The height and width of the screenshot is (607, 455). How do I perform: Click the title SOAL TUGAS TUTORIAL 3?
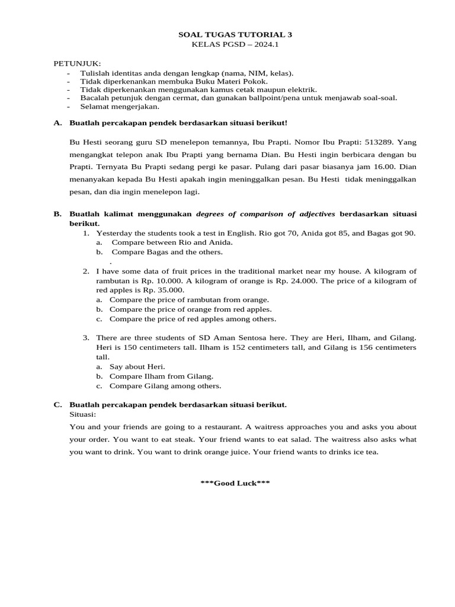pyautogui.click(x=235, y=35)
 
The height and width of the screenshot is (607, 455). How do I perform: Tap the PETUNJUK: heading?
pyautogui.click(x=78, y=63)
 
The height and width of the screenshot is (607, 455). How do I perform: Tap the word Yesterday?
pyautogui.click(x=114, y=233)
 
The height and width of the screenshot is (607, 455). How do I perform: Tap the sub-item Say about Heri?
pyautogui.click(x=137, y=366)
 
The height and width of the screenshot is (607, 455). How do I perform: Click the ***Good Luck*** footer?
pyautogui.click(x=235, y=483)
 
